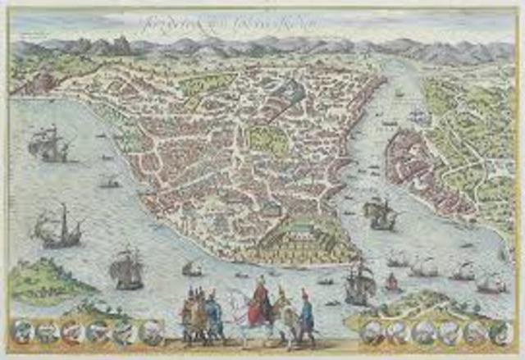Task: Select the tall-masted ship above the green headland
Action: click(60, 229)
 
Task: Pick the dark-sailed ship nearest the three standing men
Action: click(127, 268)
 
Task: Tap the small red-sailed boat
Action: click(391, 282)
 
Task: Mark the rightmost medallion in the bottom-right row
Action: click(499, 331)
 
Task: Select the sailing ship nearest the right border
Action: click(491, 282)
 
